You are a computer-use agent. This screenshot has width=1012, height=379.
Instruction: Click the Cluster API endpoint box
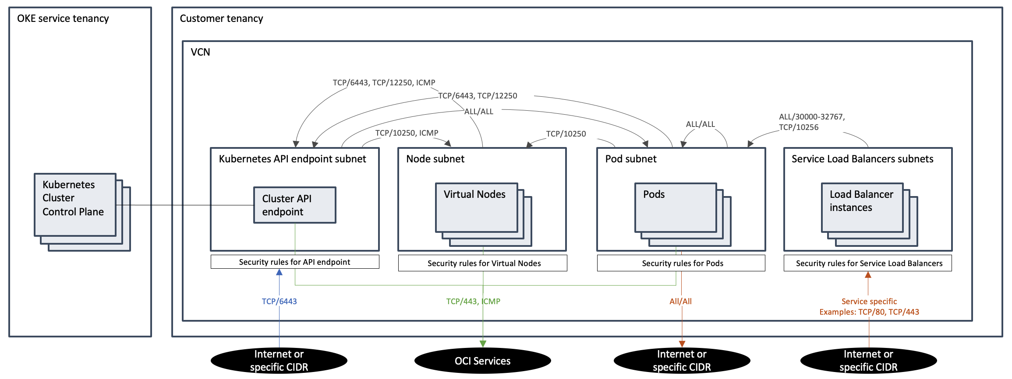point(294,205)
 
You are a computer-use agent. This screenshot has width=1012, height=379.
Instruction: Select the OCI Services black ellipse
point(482,361)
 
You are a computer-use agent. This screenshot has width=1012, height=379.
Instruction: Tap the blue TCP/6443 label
point(279,302)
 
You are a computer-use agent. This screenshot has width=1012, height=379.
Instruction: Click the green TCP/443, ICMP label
point(473,302)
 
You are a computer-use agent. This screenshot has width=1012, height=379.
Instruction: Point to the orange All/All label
point(680,302)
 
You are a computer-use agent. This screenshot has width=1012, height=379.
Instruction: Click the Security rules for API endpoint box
point(294,262)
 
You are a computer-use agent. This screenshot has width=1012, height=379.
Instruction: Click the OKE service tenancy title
point(63,19)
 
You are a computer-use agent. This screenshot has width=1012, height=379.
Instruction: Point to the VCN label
point(200,53)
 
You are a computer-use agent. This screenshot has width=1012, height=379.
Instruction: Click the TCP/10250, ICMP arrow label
point(407,133)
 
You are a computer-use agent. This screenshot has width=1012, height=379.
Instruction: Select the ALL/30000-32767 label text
point(811,117)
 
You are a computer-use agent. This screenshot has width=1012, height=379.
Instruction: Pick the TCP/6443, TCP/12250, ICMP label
point(384,83)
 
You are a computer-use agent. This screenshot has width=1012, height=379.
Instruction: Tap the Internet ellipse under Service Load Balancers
point(868,361)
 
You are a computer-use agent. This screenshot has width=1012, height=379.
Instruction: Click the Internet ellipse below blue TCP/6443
point(279,361)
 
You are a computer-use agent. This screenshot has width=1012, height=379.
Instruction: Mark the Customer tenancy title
point(221,19)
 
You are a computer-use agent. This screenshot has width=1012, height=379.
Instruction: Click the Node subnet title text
point(435,159)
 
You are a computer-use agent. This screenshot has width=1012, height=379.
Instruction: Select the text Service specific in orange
point(869,302)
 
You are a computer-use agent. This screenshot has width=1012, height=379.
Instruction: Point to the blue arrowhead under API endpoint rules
point(279,272)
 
